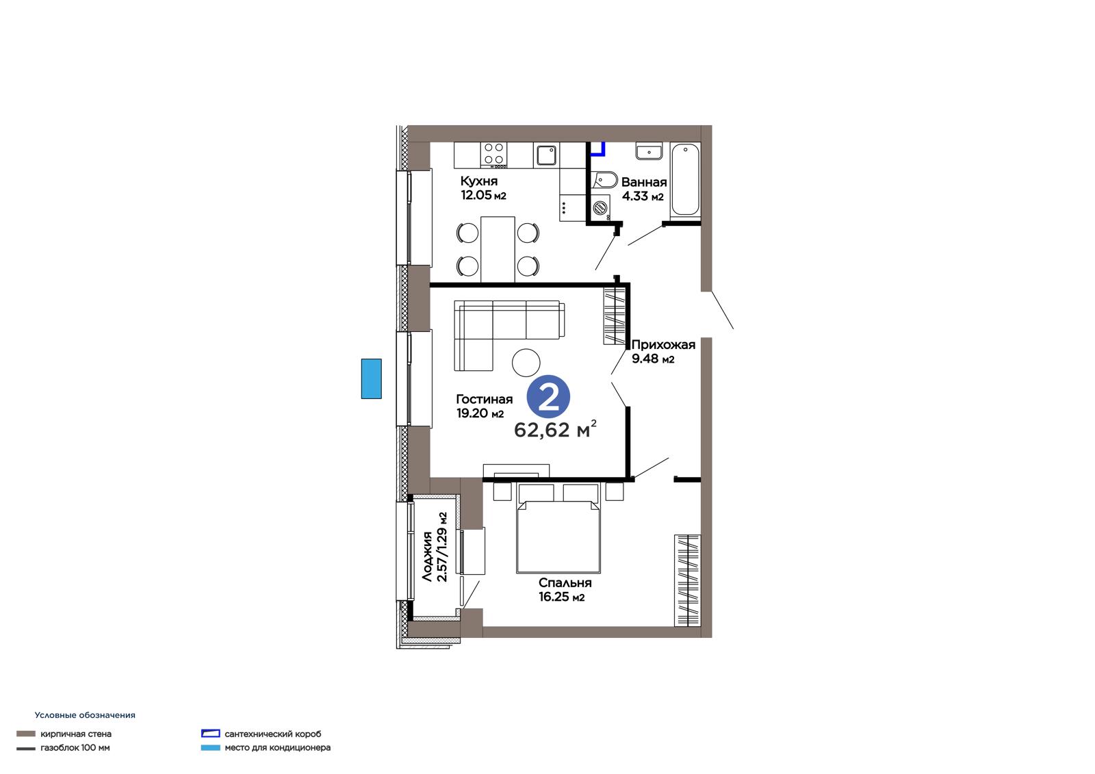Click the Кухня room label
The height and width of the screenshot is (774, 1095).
point(483,188)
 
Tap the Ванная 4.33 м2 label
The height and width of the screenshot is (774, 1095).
point(644,189)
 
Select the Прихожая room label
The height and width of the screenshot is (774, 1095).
point(663,352)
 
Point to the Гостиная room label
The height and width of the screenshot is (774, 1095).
point(484,406)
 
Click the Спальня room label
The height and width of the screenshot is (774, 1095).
point(565,590)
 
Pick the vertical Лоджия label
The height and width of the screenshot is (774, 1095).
point(435,547)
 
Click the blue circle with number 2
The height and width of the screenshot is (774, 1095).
point(548,398)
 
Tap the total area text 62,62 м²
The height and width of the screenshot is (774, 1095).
point(555,429)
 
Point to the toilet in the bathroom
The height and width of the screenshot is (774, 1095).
point(604,181)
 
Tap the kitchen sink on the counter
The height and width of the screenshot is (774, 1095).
point(547,155)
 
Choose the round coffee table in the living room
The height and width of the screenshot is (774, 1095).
point(526,362)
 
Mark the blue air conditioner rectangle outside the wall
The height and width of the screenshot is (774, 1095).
point(372,379)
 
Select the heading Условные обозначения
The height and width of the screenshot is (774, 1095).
point(85,715)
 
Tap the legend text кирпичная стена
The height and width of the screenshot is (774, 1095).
point(76,734)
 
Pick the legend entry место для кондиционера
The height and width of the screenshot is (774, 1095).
point(278,747)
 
